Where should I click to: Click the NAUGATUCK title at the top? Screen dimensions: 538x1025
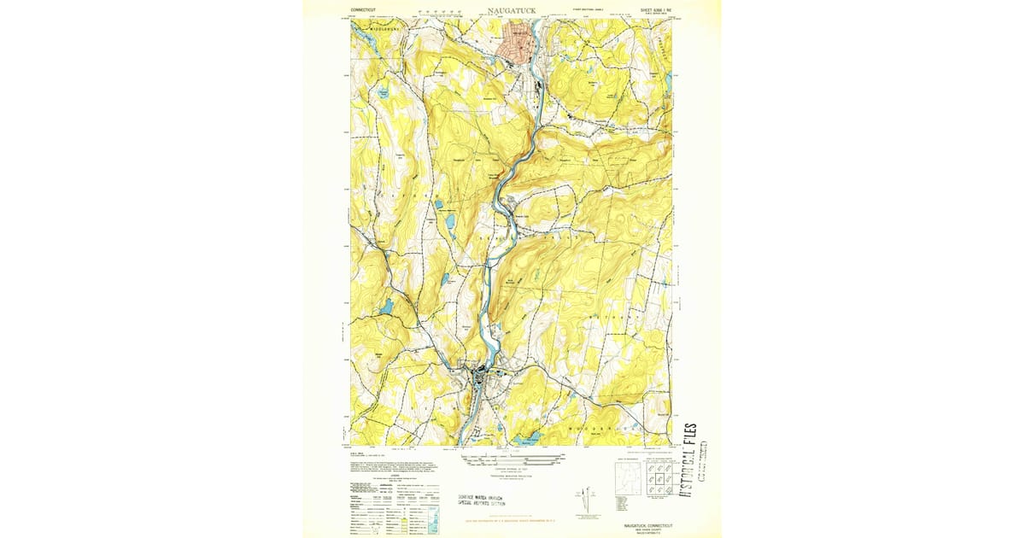[x=512, y=10]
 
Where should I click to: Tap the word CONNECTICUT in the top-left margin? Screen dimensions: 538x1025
[x=363, y=10]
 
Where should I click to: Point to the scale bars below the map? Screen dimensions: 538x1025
[x=511, y=461]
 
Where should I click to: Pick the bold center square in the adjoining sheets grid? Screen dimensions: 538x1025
[x=658, y=480]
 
